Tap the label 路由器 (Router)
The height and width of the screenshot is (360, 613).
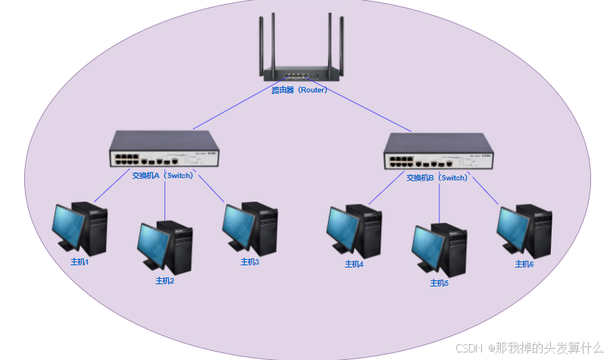[x=299, y=90]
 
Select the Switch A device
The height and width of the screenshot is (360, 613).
[x=163, y=149]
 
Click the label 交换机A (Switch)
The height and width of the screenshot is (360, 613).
[x=163, y=175]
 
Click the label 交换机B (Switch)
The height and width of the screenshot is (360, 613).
[x=437, y=178]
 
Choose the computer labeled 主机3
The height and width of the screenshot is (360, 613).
[x=250, y=228]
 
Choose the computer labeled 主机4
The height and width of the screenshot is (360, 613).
[x=354, y=231]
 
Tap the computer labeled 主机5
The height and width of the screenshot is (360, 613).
[x=439, y=249]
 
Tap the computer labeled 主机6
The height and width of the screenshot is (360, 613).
[x=524, y=230]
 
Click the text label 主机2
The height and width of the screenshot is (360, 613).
[x=165, y=281]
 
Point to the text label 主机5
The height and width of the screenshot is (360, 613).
[x=439, y=283]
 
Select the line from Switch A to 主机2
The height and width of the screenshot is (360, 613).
[x=165, y=201]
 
